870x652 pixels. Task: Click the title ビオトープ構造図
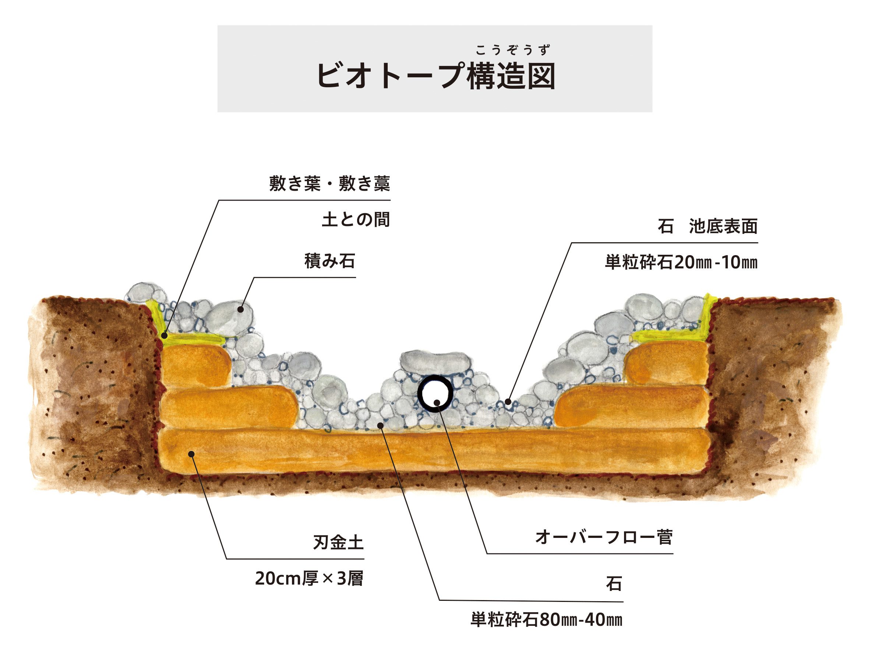click(x=436, y=75)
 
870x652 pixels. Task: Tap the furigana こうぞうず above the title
click(x=512, y=50)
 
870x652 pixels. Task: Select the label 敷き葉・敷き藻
click(x=330, y=184)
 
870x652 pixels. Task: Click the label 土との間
click(x=356, y=220)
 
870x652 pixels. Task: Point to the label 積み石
click(x=330, y=261)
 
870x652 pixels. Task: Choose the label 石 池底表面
click(x=707, y=226)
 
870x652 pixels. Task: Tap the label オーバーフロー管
click(x=604, y=538)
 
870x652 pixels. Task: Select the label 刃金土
click(x=338, y=543)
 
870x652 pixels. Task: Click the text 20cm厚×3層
click(x=309, y=578)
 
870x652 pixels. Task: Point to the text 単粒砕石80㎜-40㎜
click(x=546, y=620)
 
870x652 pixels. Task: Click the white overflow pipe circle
click(x=436, y=394)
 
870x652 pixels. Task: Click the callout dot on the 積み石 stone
click(x=241, y=309)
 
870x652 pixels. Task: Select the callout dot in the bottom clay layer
click(x=191, y=454)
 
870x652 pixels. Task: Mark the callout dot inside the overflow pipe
click(x=437, y=402)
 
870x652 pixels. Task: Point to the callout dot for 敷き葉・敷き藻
click(x=165, y=335)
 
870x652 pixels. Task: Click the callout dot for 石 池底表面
click(x=508, y=402)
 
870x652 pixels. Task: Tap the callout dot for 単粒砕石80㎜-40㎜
click(x=380, y=425)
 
